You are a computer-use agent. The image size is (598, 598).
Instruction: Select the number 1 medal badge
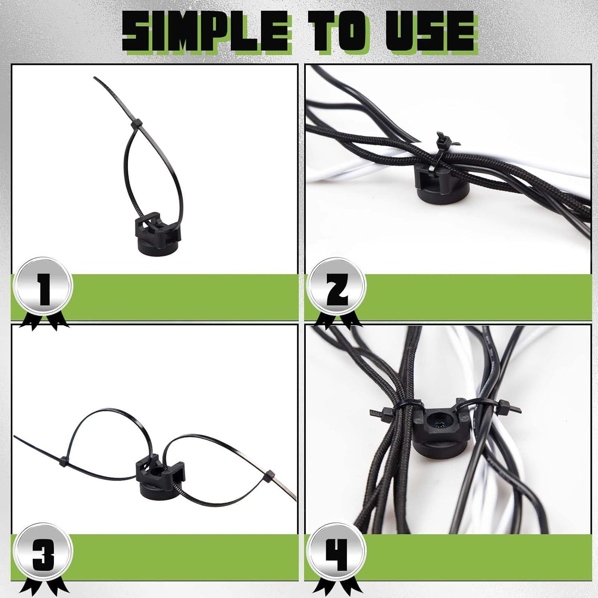[x=43, y=286]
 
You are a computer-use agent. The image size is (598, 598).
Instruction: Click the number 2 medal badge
[x=337, y=287]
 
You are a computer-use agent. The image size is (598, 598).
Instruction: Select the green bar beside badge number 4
[x=476, y=557]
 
